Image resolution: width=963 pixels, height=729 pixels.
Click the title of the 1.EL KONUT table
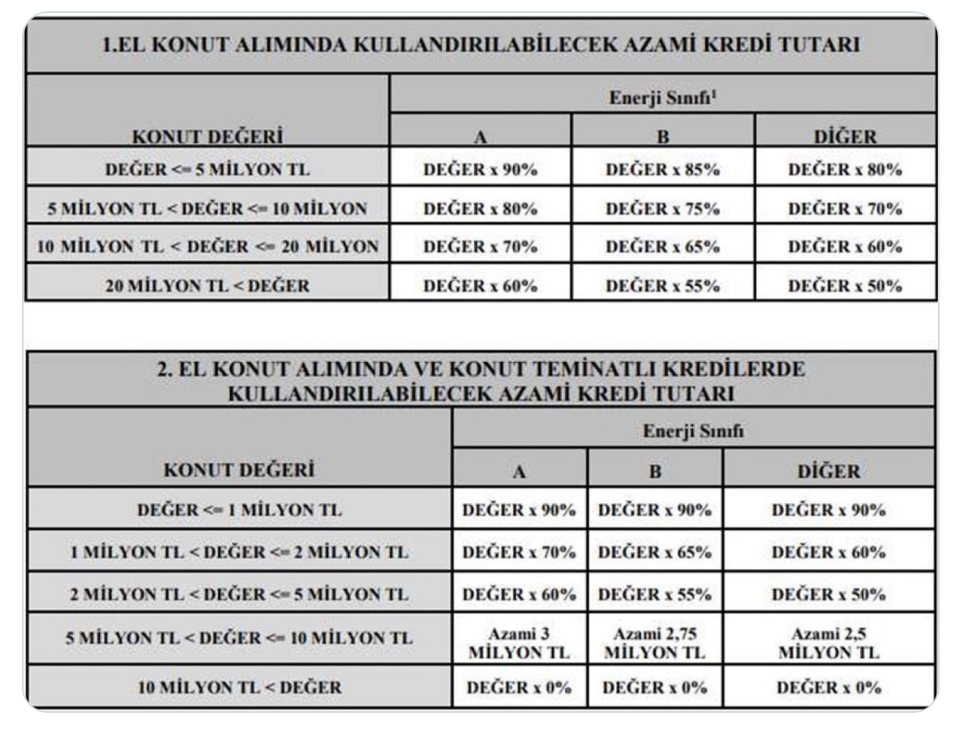481,47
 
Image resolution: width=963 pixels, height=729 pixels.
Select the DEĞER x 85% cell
663,170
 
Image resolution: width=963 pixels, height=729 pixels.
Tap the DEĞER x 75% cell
663,208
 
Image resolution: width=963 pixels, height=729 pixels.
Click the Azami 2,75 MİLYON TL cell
655,644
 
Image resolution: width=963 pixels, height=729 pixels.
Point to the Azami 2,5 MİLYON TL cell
828,644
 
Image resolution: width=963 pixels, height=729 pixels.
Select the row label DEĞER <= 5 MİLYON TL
208,170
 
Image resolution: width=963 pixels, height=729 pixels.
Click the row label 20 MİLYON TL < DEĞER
208,285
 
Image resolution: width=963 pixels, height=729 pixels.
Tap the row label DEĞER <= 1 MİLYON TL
240,511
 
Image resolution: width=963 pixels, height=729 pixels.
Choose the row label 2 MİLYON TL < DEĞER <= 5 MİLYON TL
240,595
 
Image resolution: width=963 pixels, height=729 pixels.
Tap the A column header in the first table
481,137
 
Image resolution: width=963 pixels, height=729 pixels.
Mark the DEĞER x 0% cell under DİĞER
828,688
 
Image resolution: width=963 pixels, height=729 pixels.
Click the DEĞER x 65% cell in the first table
663,246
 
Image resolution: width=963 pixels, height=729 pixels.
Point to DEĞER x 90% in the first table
481,170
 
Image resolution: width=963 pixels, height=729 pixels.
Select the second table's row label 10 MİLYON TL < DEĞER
240,688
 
